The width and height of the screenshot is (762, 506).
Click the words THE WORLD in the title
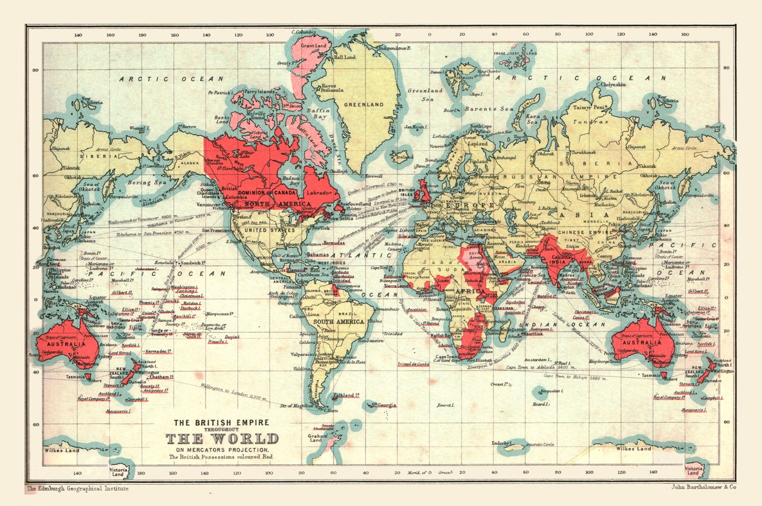click(223, 439)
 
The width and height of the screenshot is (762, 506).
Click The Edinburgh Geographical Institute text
click(77, 488)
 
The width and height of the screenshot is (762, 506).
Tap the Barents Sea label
click(489, 110)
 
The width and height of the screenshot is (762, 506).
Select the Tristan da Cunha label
click(413, 364)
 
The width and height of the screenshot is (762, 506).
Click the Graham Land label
click(317, 438)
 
